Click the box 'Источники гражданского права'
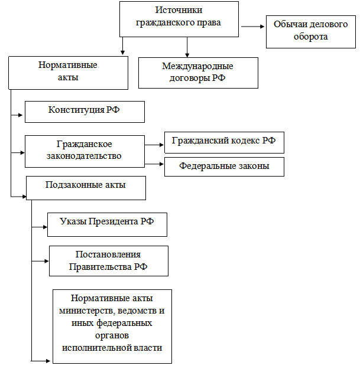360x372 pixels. pos(179,19)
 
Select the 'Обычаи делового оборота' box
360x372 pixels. pos(310,32)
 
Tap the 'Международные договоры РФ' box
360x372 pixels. pos(198,73)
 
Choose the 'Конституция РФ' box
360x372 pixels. pos(85,112)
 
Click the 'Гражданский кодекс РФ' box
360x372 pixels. pos(224,142)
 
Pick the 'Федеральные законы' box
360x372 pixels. pos(224,167)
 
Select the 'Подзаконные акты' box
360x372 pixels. pos(86,188)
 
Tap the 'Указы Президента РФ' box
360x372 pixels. pos(107,224)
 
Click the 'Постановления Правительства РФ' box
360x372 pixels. pos(109,261)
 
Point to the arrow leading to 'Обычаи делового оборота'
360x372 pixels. pos(252,27)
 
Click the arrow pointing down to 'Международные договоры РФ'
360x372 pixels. pos(187,47)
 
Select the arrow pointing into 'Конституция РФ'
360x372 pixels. pos(17,115)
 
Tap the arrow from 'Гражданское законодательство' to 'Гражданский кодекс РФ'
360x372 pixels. pos(154,145)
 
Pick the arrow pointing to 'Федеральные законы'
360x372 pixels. pos(154,164)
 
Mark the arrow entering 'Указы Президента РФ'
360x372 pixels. pos(40,227)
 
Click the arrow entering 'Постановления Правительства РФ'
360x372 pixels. pos(40,261)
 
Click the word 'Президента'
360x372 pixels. pos(113,222)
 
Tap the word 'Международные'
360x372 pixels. pos(197,66)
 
